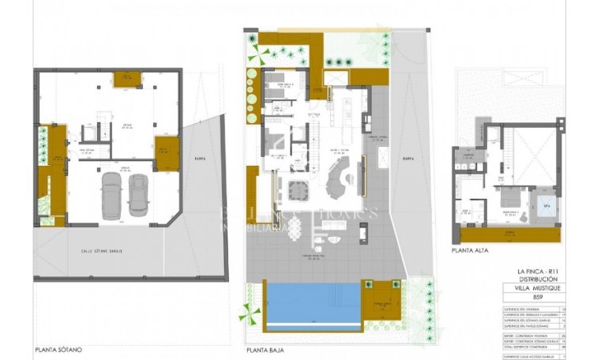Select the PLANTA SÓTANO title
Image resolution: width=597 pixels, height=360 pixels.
coord(58,348)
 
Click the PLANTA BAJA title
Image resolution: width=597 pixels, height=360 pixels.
coord(265,348)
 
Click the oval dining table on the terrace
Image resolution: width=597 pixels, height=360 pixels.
coord(294,228)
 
